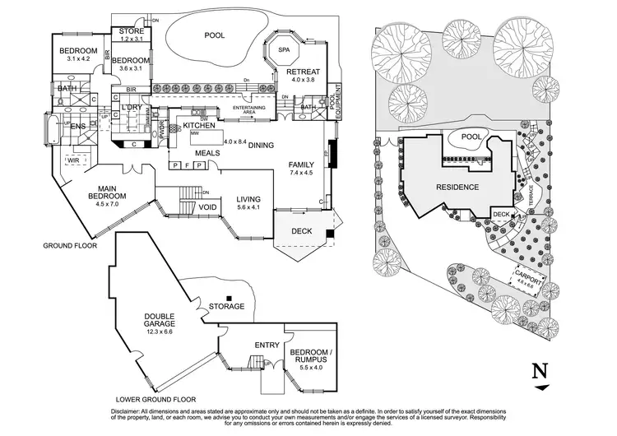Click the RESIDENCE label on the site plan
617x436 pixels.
coord(457,187)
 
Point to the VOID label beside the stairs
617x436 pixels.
coord(208,206)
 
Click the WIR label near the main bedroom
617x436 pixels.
coord(73,160)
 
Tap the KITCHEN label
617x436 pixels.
coord(204,124)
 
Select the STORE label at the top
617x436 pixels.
coord(132,30)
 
